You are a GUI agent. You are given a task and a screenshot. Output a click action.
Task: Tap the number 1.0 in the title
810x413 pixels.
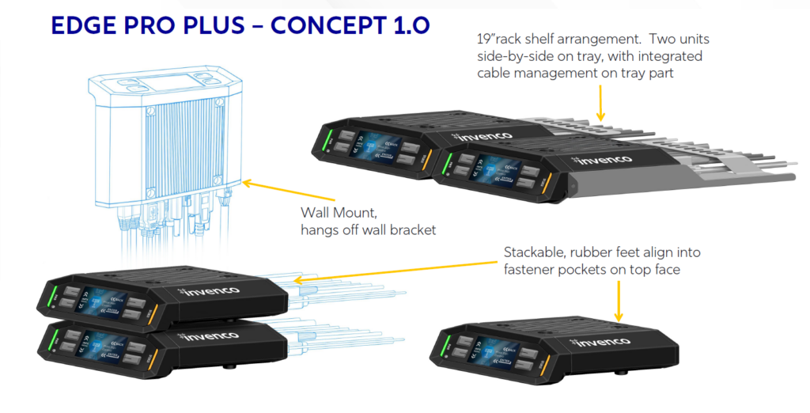tap(407, 25)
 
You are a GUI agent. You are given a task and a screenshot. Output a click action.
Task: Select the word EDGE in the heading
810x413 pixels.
tap(88, 25)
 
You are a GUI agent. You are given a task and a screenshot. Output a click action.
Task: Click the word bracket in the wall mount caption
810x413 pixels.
tap(411, 229)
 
